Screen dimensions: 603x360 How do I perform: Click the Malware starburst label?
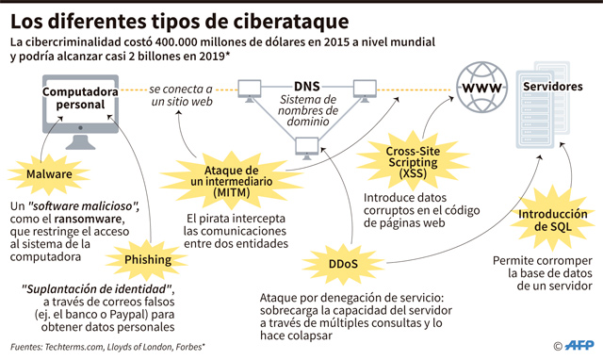pyautogui.click(x=49, y=173)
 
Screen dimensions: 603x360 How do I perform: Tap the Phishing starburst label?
pyautogui.click(x=148, y=259)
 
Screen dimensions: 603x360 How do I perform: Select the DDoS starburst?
pyautogui.click(x=343, y=264)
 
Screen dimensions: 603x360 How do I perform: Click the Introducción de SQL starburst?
pyautogui.click(x=553, y=220)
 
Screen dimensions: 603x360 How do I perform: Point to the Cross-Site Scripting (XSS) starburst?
pyautogui.click(x=413, y=162)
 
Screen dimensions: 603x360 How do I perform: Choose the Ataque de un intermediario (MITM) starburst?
pyautogui.click(x=232, y=181)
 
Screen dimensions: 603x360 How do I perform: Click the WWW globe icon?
pyautogui.click(x=481, y=88)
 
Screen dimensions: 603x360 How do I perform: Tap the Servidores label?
pyautogui.click(x=553, y=87)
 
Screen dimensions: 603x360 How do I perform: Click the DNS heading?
pyautogui.click(x=307, y=86)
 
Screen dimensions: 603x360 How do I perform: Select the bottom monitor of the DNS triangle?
pyautogui.click(x=307, y=148)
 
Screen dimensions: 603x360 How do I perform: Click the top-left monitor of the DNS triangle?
pyautogui.click(x=249, y=90)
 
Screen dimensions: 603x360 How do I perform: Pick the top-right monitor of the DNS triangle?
pyautogui.click(x=365, y=90)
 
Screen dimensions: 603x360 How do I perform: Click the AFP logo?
pyautogui.click(x=579, y=345)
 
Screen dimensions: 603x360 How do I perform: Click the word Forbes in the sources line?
pyautogui.click(x=188, y=347)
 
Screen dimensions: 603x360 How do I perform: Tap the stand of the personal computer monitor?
pyautogui.click(x=80, y=142)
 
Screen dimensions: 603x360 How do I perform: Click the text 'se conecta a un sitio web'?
pyautogui.click(x=181, y=95)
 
